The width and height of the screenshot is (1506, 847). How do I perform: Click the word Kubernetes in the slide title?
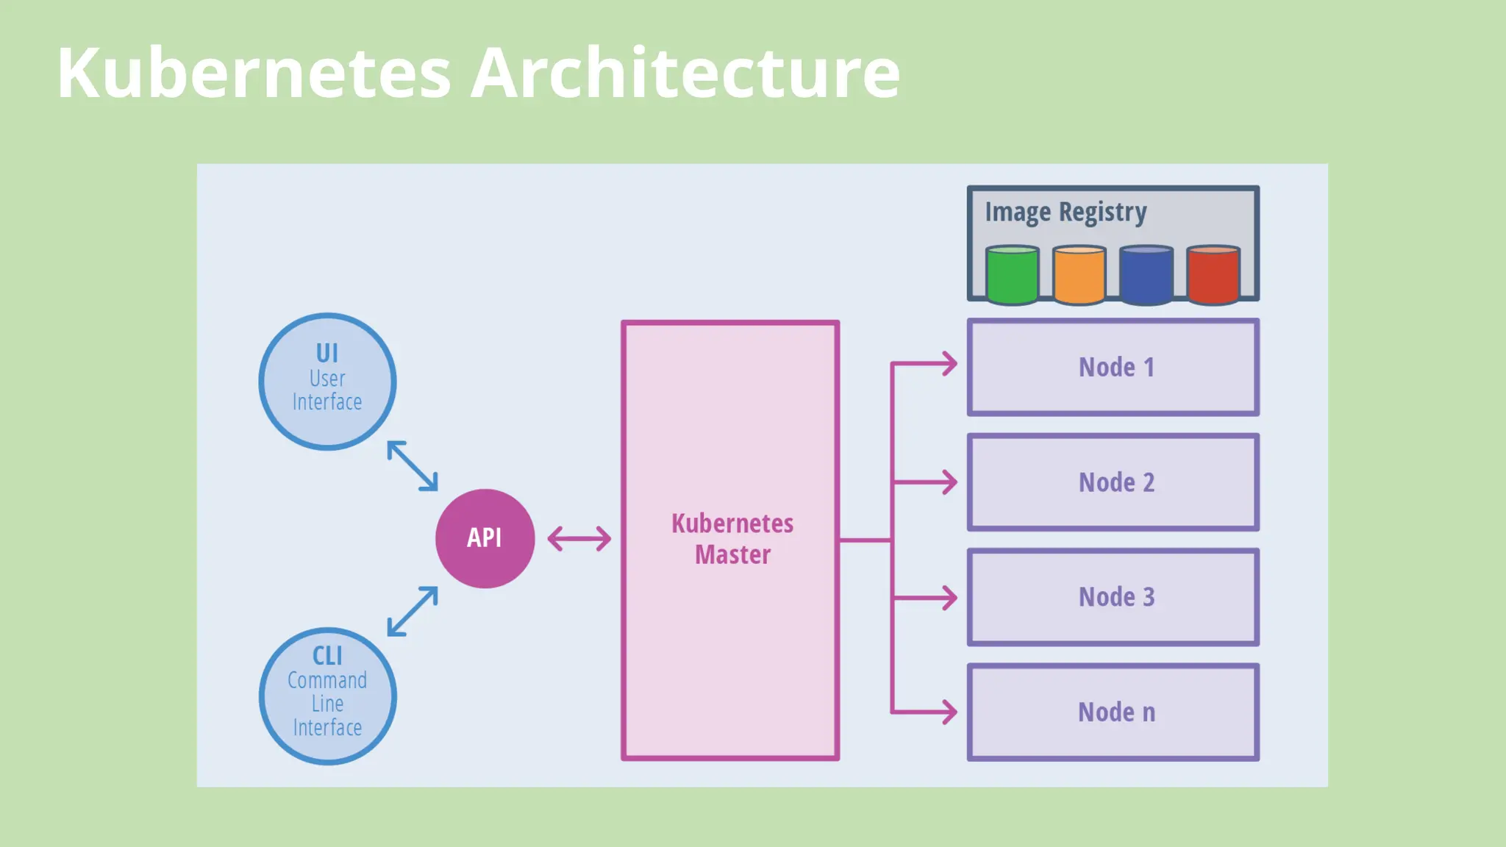coord(254,73)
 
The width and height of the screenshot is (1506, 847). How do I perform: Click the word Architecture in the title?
coord(685,73)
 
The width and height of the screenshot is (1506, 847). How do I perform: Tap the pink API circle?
coord(485,538)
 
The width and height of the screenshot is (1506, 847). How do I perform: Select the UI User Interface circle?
coord(327,382)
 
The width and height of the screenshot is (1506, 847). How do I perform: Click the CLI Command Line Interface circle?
coord(327,696)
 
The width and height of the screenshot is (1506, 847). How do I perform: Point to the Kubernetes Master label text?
coord(732,539)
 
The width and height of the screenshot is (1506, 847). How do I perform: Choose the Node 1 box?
coord(1113,367)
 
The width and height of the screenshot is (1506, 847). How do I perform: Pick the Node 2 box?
coord(1113,482)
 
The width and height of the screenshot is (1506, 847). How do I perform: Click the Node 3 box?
coord(1113,597)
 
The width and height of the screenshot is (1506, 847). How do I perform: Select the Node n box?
coord(1113,712)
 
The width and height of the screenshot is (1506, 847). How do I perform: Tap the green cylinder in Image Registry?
coord(1012,276)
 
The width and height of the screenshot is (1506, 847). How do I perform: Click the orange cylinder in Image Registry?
coord(1079,276)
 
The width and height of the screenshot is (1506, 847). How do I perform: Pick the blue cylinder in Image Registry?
coord(1146,276)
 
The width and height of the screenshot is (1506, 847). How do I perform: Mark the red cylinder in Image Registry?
coord(1213,276)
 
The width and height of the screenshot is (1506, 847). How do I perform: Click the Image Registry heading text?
coord(1066,212)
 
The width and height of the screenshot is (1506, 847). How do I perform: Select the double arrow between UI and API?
coord(413,465)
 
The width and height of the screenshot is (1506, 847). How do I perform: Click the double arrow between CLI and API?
coord(413,611)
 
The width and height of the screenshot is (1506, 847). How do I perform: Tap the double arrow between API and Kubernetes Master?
coord(579,538)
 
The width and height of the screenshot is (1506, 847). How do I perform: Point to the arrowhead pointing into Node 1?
coord(949,363)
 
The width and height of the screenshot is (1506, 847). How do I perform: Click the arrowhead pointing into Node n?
coord(949,712)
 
